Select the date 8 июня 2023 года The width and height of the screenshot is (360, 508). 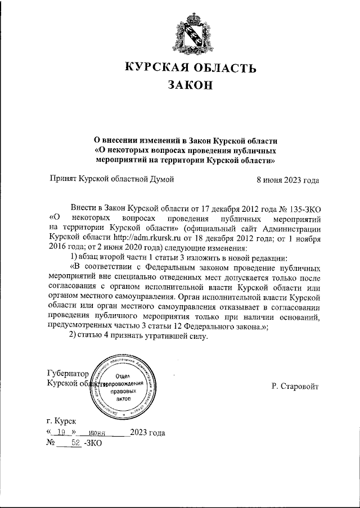287,180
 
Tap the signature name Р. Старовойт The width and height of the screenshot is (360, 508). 295,387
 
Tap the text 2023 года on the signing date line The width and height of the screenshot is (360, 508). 147,433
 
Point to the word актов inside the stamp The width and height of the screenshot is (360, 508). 122,398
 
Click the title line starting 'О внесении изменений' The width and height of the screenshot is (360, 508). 186,140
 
